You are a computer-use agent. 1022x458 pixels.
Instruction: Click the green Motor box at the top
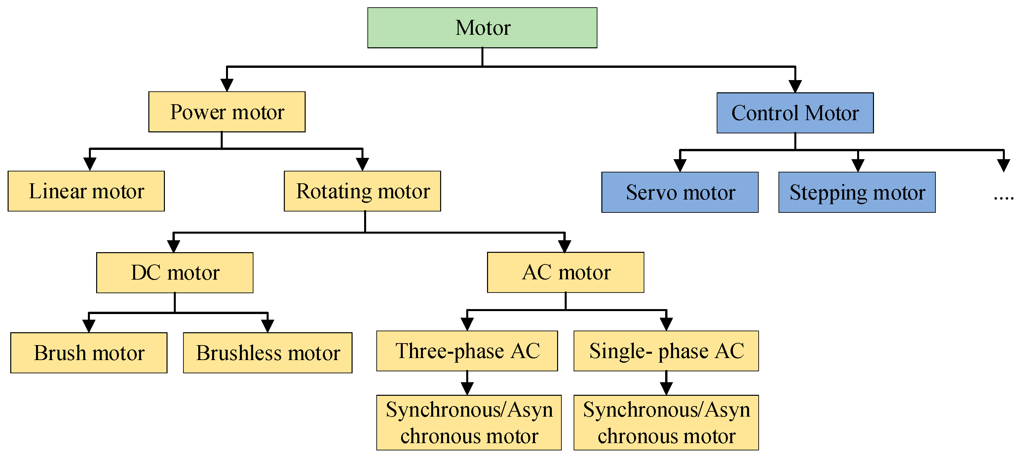point(482,28)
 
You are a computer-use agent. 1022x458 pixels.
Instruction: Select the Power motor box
point(227,112)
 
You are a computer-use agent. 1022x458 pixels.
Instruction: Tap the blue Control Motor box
point(795,113)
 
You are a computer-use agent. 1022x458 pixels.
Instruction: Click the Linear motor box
point(86,191)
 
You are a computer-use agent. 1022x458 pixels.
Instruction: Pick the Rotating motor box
point(362,191)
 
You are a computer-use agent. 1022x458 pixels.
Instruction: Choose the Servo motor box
point(680,192)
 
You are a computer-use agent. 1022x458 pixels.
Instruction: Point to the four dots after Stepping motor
point(1003,198)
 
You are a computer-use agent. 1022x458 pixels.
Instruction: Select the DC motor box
point(174,272)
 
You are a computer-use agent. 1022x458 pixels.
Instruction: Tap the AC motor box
point(565,272)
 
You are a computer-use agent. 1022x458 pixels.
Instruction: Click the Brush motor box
point(89,353)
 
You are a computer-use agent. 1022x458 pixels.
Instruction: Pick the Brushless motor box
point(267,353)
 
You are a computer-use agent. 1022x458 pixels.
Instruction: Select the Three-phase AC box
point(467,351)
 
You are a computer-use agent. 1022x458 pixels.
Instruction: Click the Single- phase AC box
point(666,351)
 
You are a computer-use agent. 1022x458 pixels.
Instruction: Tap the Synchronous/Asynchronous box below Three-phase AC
point(469,422)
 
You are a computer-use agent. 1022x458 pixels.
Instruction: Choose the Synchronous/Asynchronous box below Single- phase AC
point(666,422)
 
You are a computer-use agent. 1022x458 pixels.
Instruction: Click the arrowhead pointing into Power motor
point(227,85)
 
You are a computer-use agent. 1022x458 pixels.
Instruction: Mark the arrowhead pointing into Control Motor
point(795,86)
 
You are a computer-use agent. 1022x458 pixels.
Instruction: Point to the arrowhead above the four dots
point(1003,165)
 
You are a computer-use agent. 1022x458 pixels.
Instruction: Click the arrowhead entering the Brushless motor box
point(268,326)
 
